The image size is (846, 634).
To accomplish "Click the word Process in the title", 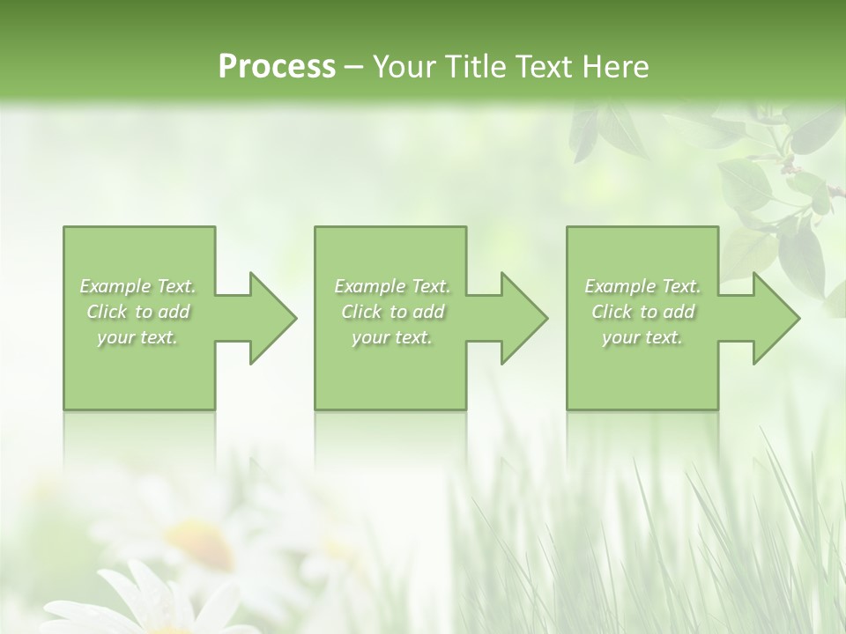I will (277, 66).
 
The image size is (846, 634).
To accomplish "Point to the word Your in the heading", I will (404, 66).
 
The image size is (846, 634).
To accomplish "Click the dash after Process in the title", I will (354, 67).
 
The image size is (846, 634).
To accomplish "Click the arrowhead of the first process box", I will (273, 318).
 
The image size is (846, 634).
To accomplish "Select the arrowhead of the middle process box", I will (524, 318).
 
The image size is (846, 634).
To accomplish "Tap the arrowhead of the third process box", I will (775, 318).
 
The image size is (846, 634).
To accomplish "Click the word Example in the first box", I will (115, 286).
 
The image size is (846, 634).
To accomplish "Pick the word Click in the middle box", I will (361, 312).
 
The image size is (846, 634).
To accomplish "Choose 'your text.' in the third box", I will (642, 337).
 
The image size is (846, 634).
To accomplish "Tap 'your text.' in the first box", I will (137, 337).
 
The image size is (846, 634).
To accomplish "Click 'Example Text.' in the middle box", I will (392, 286).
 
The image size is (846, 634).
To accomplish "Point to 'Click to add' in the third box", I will (642, 312).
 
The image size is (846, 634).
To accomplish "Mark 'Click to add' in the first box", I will (137, 312).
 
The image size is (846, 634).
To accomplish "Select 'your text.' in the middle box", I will (392, 337).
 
